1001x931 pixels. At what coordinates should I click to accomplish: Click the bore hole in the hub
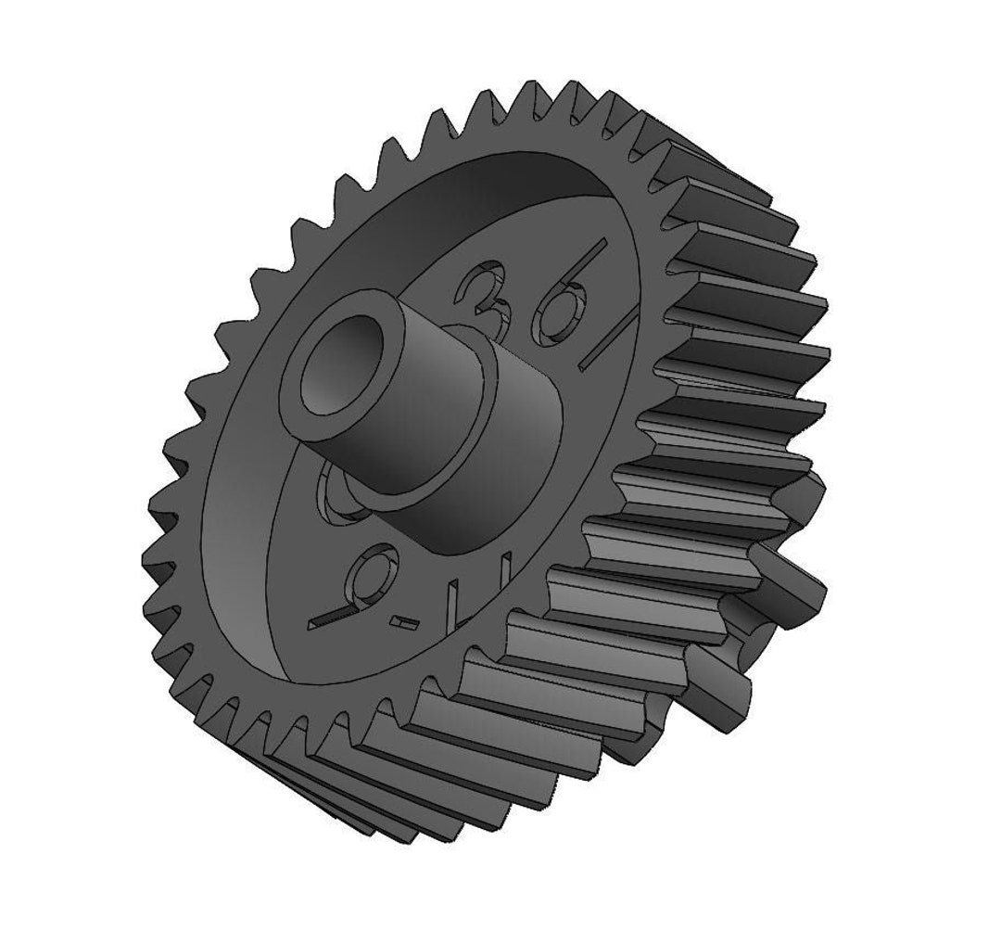tap(341, 364)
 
